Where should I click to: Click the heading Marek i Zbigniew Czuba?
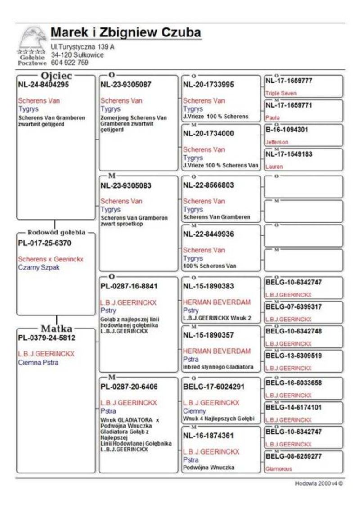tap(126, 33)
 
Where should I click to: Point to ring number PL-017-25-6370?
tap(45, 243)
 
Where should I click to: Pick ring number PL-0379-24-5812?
tap(47, 337)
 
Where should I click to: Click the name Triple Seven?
tap(281, 94)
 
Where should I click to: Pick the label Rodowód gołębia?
tap(56, 233)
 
